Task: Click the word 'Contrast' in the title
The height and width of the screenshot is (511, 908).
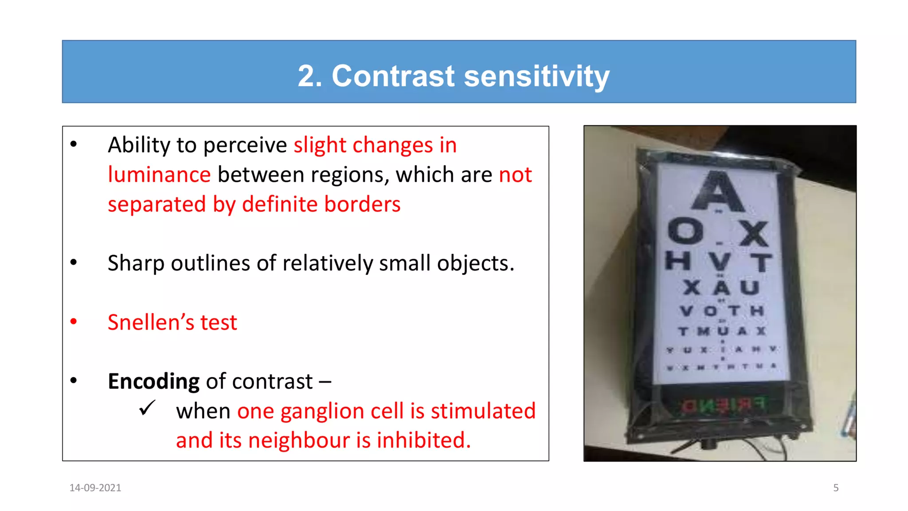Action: point(393,76)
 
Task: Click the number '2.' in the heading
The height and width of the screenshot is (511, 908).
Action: point(309,76)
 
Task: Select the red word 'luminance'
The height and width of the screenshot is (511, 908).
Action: point(159,175)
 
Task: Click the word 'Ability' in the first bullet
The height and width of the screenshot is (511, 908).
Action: point(138,145)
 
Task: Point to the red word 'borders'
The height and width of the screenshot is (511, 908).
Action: point(362,204)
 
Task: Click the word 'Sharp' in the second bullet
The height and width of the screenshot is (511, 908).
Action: point(136,263)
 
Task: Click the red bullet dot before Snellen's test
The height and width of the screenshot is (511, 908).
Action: point(74,322)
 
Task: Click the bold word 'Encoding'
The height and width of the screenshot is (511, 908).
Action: point(153,381)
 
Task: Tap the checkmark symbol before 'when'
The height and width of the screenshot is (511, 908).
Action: point(147,408)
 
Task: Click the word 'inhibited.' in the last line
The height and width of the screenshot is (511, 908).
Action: point(423,440)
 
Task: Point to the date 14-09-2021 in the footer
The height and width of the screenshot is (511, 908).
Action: point(95,488)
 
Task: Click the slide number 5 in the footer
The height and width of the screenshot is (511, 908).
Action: point(836,488)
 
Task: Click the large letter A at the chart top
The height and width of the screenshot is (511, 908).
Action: point(718,192)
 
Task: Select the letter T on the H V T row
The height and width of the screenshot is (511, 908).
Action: point(762,262)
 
